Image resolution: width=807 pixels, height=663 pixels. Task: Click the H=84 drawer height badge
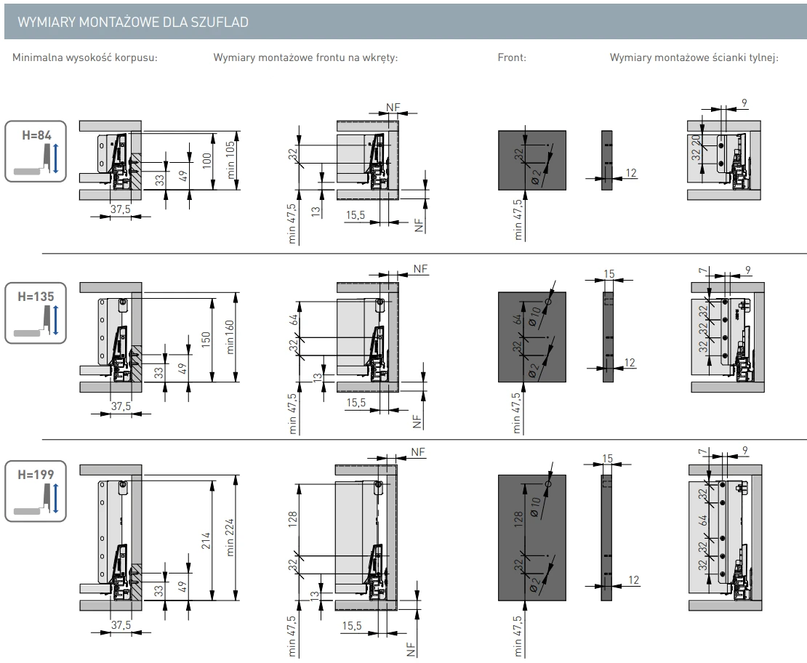click(36, 151)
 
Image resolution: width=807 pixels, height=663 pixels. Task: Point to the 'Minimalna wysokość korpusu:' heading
click(91, 58)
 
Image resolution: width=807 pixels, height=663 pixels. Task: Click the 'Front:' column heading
click(512, 58)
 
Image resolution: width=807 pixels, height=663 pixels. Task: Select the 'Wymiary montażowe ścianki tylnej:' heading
click(694, 58)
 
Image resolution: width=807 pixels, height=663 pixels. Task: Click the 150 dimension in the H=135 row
click(206, 339)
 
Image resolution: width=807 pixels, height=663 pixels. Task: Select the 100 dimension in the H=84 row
click(206, 160)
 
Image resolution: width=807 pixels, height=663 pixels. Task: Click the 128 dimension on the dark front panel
click(518, 518)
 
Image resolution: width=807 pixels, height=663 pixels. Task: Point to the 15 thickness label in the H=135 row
click(609, 273)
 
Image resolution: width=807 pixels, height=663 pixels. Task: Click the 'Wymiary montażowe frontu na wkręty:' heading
click(305, 58)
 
